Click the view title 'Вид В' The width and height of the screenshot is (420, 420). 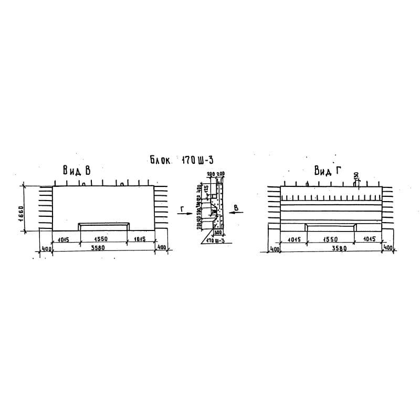click(x=77, y=170)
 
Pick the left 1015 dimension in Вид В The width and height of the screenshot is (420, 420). click(x=65, y=239)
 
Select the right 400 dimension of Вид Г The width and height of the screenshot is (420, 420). click(x=388, y=247)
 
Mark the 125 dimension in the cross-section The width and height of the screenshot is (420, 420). click(x=206, y=188)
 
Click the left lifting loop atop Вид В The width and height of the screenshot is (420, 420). click(x=84, y=184)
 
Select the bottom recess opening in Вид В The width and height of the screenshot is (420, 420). click(x=103, y=226)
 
